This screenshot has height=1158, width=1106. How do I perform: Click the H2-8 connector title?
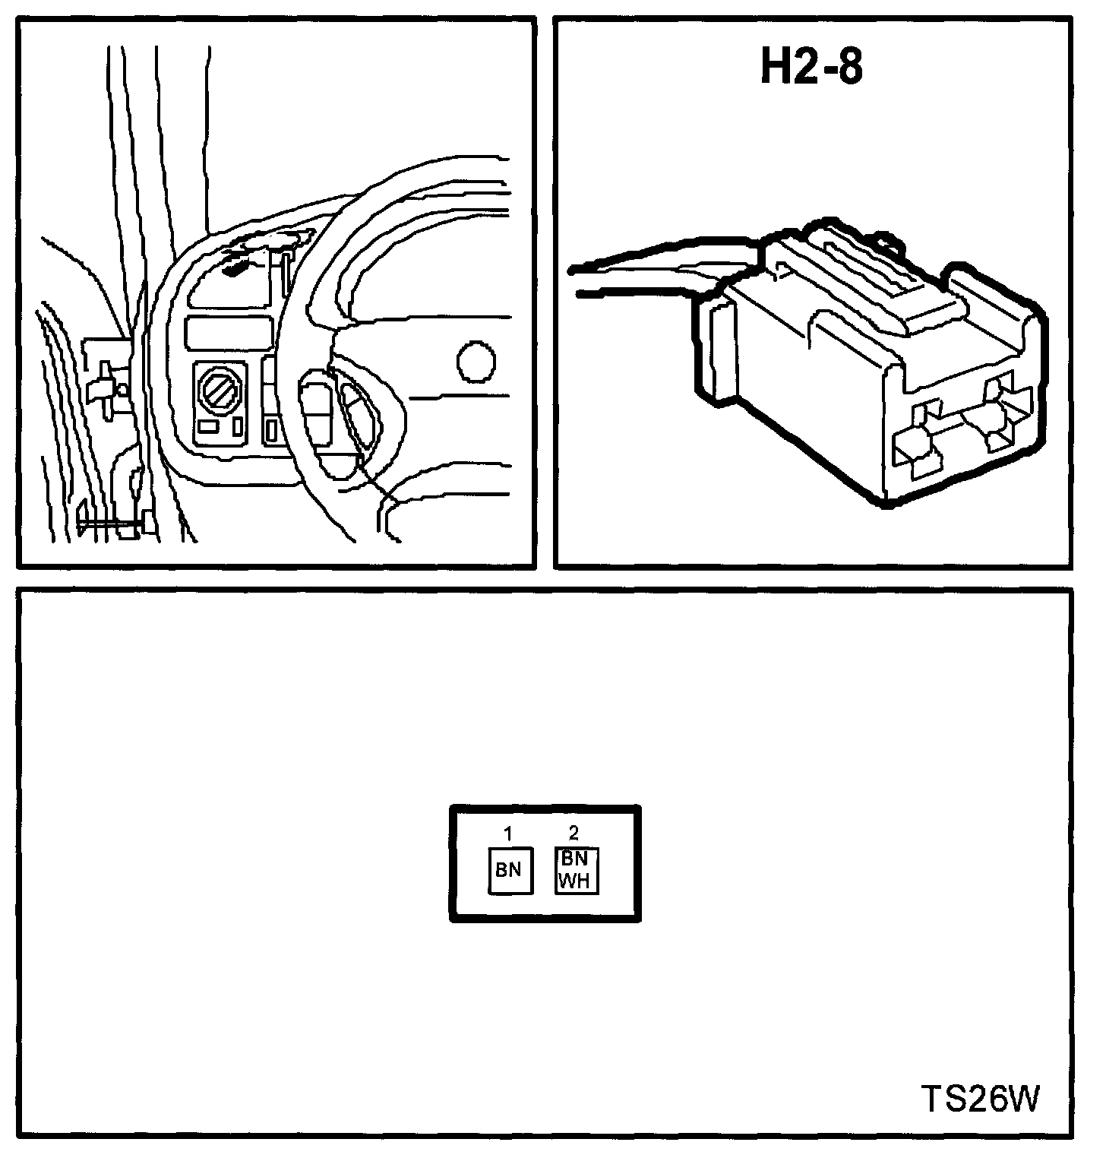click(812, 69)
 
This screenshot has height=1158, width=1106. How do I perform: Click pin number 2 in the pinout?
click(574, 834)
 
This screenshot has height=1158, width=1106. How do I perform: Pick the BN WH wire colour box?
click(576, 871)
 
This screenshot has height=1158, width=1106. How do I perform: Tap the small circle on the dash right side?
click(476, 362)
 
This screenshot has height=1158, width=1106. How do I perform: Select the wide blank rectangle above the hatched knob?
click(229, 333)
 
